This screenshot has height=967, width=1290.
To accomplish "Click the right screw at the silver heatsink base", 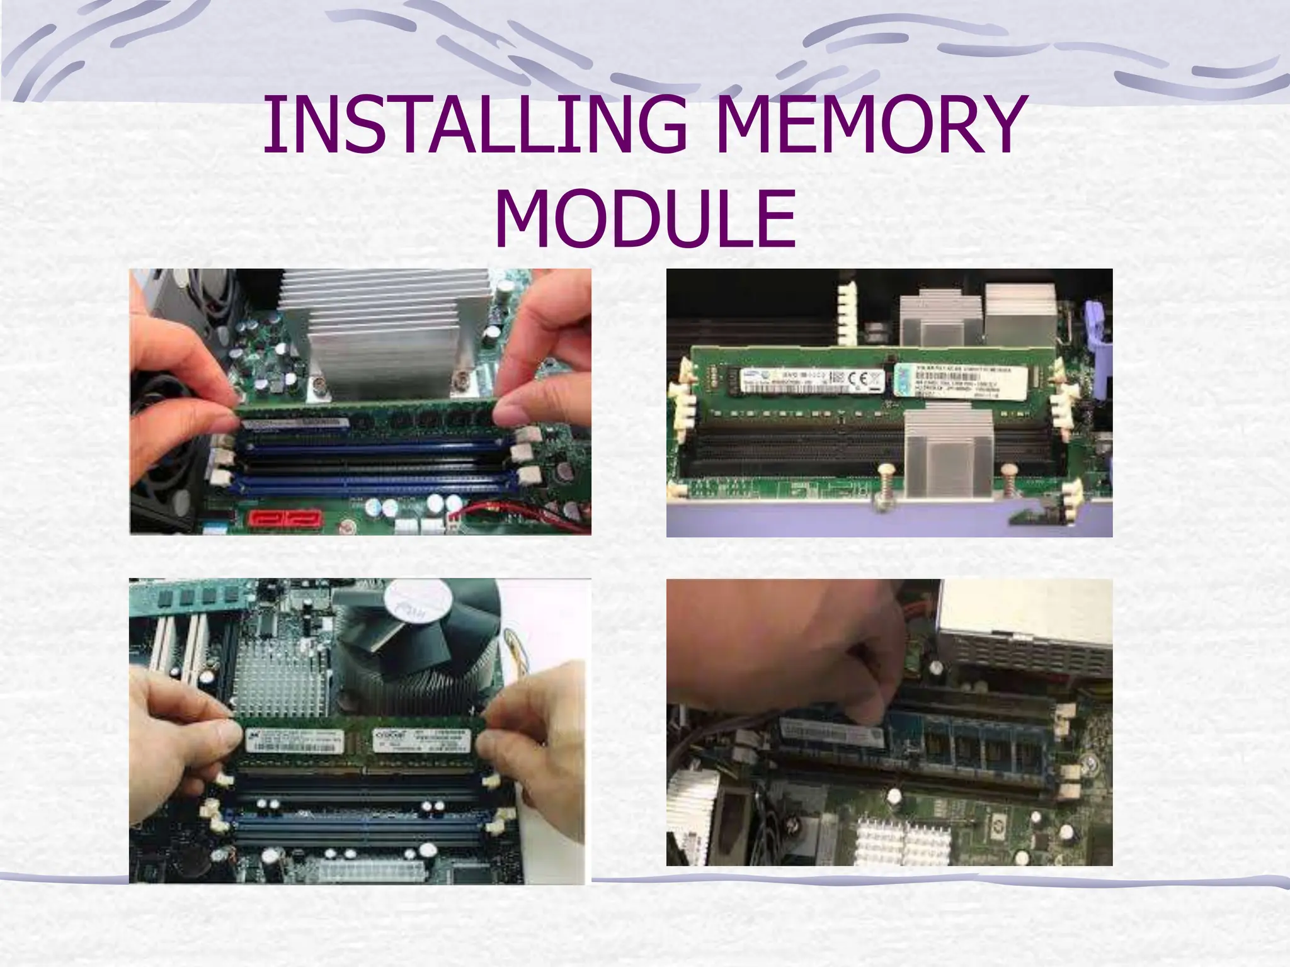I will pos(462,380).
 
